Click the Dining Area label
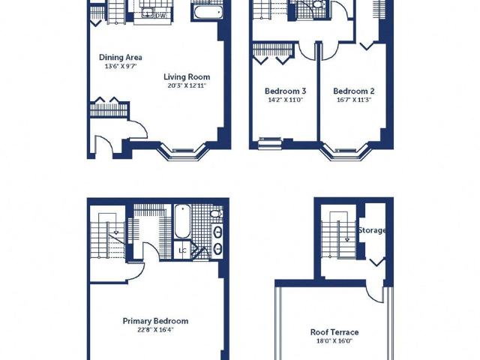(121, 57)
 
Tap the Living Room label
(187, 76)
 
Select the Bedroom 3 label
(285, 91)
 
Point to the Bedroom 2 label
(353, 91)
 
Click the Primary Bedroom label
(155, 321)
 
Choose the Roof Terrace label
(334, 332)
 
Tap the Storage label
(372, 230)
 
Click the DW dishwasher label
(160, 15)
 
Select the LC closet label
(182, 250)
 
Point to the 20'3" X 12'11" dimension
(187, 85)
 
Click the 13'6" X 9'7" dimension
(121, 66)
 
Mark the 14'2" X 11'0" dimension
(285, 100)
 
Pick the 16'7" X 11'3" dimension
(353, 100)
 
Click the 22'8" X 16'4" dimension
(155, 330)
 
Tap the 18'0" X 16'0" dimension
(334, 341)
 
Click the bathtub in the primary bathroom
(182, 221)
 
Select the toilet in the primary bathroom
(217, 213)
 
